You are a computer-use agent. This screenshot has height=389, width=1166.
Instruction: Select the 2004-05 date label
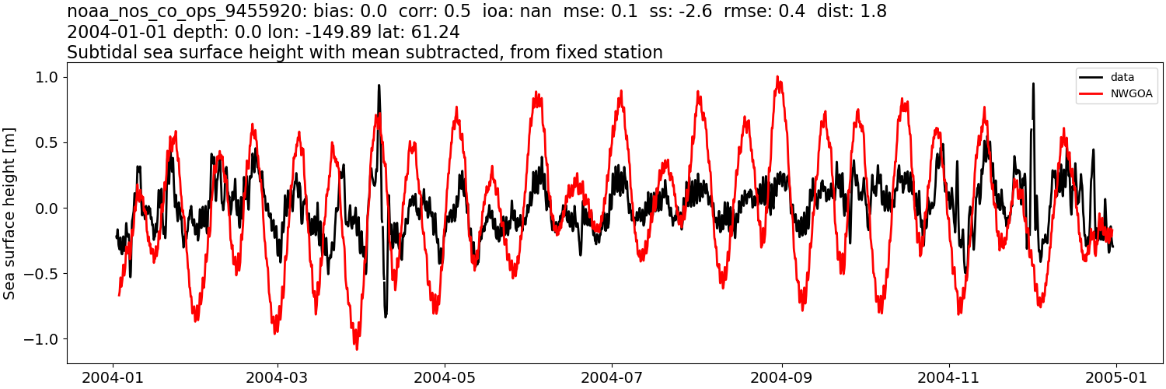click(445, 377)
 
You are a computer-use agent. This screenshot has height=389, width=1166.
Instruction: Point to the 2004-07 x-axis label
click(612, 377)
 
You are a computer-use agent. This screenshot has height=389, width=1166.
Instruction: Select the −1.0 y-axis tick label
click(44, 339)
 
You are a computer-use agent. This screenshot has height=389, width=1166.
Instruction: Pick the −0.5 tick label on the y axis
click(44, 274)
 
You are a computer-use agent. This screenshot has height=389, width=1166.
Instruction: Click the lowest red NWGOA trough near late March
click(357, 348)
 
